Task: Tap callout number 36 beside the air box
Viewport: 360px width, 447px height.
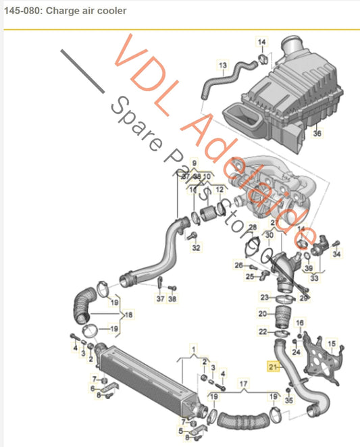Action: click(318, 134)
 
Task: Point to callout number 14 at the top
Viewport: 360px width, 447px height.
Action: click(261, 43)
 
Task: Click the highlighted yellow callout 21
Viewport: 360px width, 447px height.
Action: click(273, 367)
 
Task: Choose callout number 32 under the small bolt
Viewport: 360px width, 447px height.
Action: click(196, 248)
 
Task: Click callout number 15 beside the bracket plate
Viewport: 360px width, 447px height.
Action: click(331, 344)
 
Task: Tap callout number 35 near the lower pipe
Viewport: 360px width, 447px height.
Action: click(290, 400)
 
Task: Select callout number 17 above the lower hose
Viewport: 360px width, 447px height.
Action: click(244, 384)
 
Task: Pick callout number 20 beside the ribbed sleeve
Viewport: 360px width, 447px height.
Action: click(262, 314)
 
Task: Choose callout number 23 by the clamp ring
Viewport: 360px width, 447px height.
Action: click(263, 297)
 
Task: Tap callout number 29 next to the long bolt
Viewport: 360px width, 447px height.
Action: click(304, 297)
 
